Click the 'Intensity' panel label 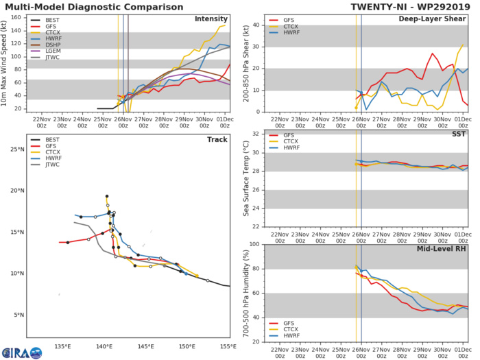(x=211, y=19)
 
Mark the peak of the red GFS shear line (x=433, y=53)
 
